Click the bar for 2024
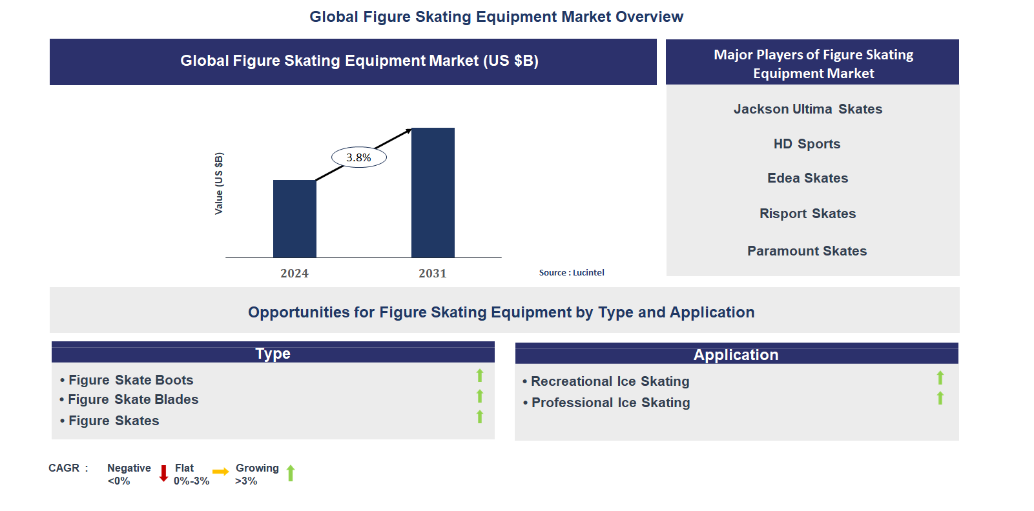click(x=295, y=219)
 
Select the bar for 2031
click(x=433, y=193)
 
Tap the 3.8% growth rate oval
click(x=359, y=157)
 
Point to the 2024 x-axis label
click(x=295, y=274)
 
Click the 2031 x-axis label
click(x=433, y=274)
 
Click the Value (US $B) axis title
click(x=219, y=184)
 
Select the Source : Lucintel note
click(x=572, y=273)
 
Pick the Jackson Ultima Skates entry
click(x=807, y=109)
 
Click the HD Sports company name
click(x=807, y=144)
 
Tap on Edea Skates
click(x=807, y=178)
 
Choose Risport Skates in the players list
click(x=807, y=214)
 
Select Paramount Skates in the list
click(x=807, y=251)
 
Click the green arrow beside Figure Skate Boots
click(x=480, y=376)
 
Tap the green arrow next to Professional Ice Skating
click(x=940, y=399)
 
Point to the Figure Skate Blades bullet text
click(x=133, y=399)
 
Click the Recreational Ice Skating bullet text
click(x=610, y=381)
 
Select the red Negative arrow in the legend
click(x=164, y=474)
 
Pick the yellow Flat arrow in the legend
click(x=220, y=472)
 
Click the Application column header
click(x=736, y=355)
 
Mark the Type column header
click(x=273, y=354)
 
